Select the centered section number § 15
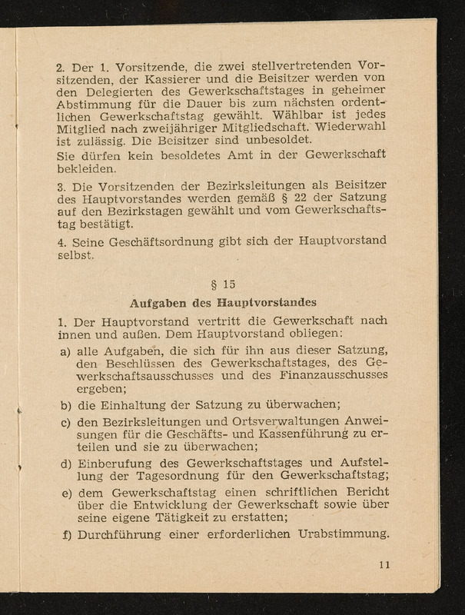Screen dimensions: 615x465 pyautogui.click(x=224, y=284)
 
